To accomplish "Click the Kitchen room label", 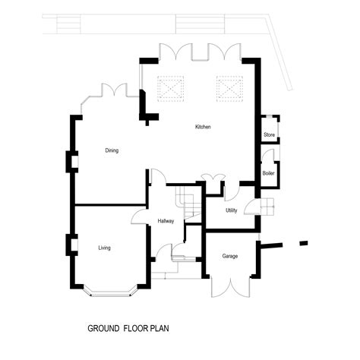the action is click(203, 127).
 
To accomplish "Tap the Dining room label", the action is click(112, 150).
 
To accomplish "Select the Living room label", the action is click(104, 248).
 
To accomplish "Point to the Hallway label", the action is click(166, 221).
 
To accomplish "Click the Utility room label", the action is click(232, 210).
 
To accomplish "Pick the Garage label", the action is click(230, 256).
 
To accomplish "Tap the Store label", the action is click(269, 134).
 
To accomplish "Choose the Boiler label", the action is click(268, 173).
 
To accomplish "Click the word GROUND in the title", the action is click(103, 328).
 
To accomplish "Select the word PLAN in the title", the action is click(159, 328).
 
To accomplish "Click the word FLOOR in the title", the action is click(136, 328).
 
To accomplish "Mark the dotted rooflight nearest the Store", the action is click(229, 89).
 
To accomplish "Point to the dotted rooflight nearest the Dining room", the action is click(171, 89).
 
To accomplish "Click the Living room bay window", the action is click(110, 294).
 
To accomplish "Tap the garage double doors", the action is click(230, 287).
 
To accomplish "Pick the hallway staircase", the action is click(188, 203).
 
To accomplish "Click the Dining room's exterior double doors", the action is click(114, 90).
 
